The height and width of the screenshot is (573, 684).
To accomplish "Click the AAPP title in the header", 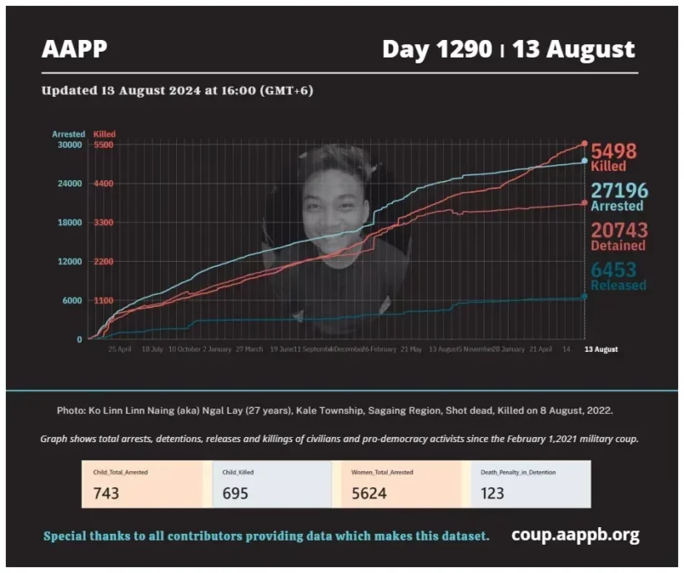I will coord(74,49).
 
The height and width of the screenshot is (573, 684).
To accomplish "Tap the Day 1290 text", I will coord(436,49).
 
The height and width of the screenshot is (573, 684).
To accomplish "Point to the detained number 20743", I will coord(619,230).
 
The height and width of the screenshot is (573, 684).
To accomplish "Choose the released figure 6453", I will coord(614,269).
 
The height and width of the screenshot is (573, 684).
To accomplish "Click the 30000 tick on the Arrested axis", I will coord(68,144).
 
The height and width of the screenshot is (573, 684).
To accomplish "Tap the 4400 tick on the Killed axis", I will coord(103,183).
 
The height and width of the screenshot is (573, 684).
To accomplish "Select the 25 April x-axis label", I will coord(120,349).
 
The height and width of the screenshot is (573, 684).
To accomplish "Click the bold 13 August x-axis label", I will coord(601,349).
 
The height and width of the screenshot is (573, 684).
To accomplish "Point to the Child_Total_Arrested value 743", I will coord(106,493).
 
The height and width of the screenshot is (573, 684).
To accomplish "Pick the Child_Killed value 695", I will coord(235,493).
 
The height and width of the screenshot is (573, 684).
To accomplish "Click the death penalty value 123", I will coord(492,493).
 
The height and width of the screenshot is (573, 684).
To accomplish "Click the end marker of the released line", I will coord(584,296).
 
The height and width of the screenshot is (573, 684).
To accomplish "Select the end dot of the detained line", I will coord(584,203).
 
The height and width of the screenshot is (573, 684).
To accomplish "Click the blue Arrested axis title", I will coord(68,133).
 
